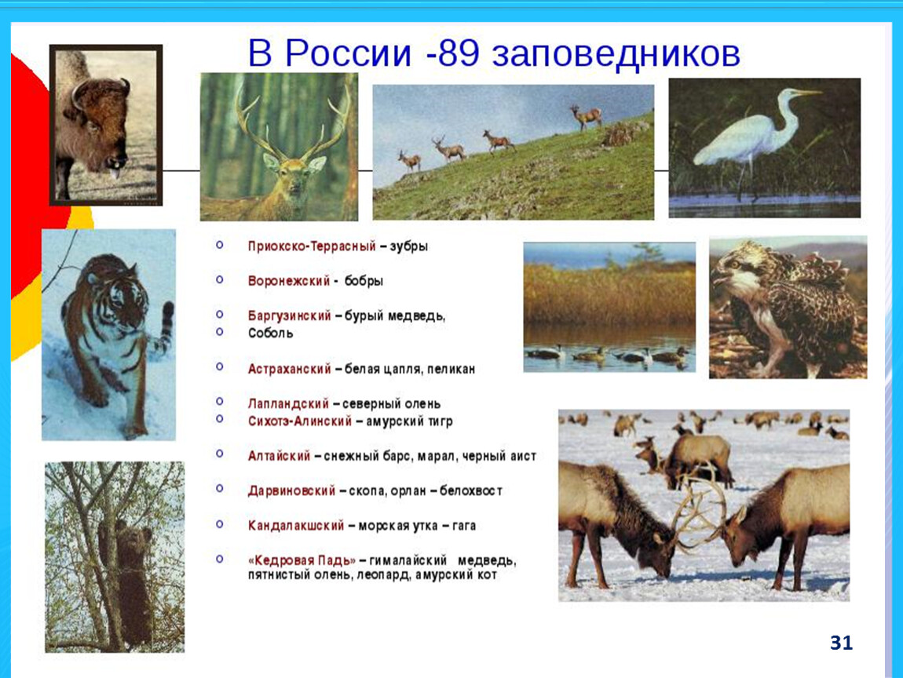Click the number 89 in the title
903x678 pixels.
click(458, 53)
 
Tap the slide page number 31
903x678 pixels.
click(841, 643)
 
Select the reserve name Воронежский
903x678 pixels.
click(288, 281)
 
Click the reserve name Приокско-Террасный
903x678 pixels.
click(312, 246)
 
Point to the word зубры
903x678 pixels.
click(409, 247)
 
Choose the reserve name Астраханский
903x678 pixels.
click(289, 369)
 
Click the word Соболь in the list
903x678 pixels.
click(271, 334)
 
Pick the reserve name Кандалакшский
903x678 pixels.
click(296, 526)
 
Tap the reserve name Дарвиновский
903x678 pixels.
click(291, 491)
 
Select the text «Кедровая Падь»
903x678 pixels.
click(302, 560)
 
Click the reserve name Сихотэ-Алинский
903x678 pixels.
click(299, 421)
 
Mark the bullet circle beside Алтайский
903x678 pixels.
click(219, 454)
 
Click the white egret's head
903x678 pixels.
click(795, 94)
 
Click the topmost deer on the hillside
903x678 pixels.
click(587, 118)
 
